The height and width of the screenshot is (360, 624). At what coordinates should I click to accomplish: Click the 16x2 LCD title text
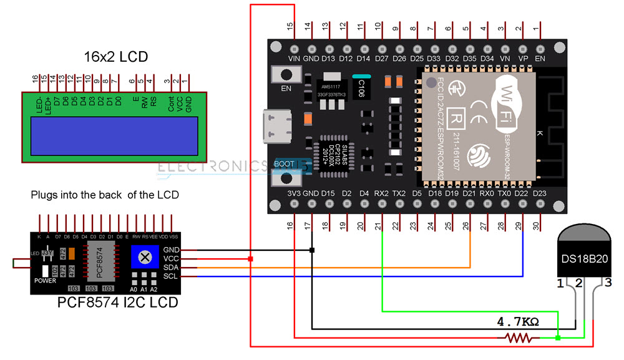click(x=116, y=57)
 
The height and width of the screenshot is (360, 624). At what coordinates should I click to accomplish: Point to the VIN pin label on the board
click(x=295, y=58)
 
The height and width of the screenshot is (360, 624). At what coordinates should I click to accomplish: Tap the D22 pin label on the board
click(x=522, y=193)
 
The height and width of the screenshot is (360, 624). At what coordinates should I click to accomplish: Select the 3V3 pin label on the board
click(x=295, y=193)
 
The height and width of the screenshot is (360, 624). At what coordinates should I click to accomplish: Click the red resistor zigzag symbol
click(x=517, y=338)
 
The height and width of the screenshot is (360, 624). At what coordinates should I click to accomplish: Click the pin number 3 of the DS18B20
click(x=607, y=285)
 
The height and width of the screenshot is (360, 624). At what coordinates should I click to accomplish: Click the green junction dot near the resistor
click(x=558, y=338)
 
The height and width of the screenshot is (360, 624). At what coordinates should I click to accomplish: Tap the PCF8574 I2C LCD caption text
click(x=118, y=303)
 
